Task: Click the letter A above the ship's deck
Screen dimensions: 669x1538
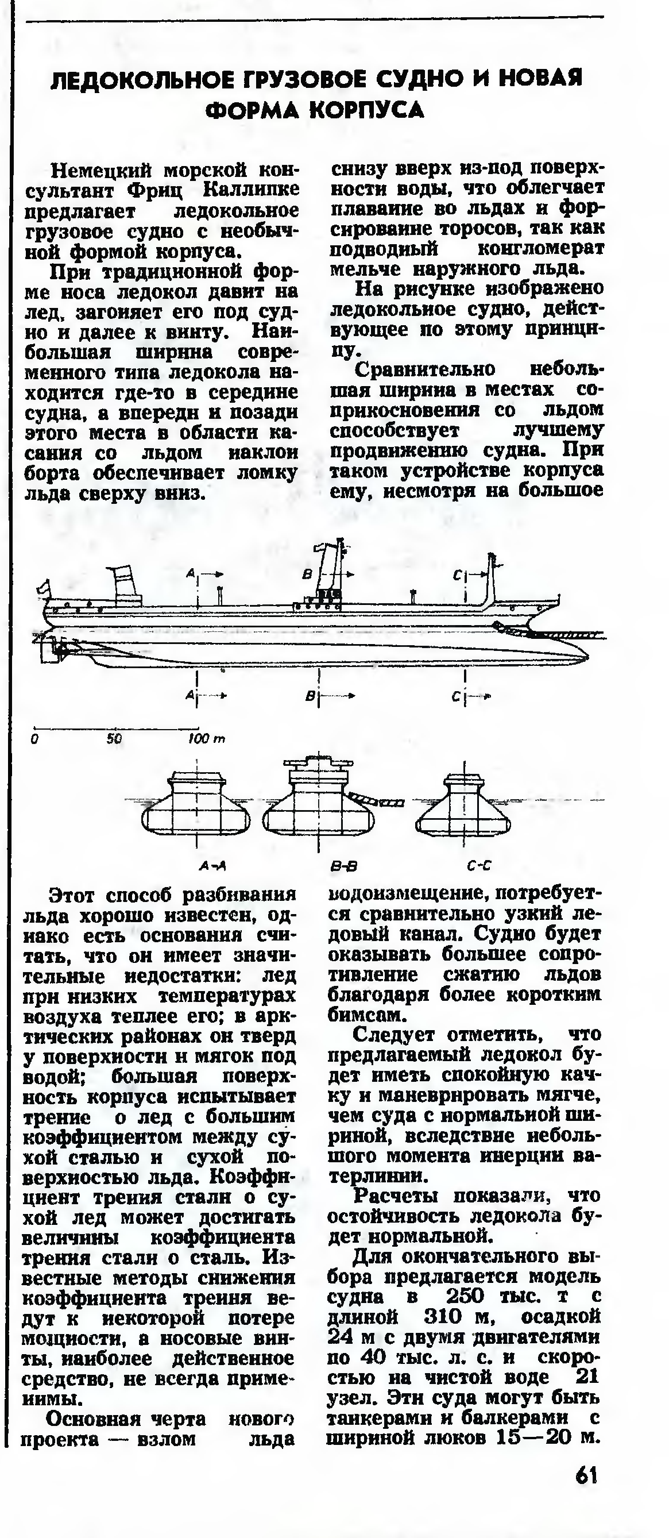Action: pyautogui.click(x=191, y=573)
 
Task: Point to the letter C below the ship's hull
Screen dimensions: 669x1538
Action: pyautogui.click(x=456, y=697)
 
